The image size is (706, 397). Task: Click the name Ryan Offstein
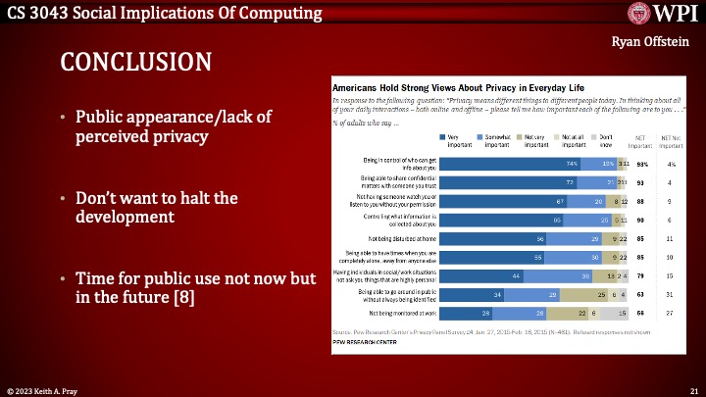coord(651,42)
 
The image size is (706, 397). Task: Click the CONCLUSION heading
coord(135,62)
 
